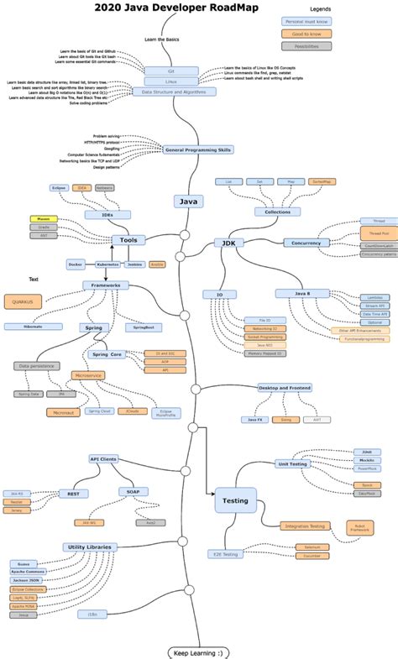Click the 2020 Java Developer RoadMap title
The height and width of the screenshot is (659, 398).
[x=176, y=8]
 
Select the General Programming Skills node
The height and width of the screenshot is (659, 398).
[x=198, y=149]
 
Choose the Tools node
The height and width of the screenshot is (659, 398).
[x=128, y=240]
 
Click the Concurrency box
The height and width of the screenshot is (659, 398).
[x=307, y=243]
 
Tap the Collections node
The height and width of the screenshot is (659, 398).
[x=277, y=212]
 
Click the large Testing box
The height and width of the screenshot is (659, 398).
[x=234, y=501]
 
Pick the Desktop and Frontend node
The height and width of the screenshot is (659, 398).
[x=285, y=388]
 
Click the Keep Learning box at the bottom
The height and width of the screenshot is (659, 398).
[x=198, y=652]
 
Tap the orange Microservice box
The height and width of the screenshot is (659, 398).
[x=87, y=375]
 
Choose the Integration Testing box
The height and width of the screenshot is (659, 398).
[x=305, y=526]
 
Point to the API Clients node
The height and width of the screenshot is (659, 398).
[x=103, y=459]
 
